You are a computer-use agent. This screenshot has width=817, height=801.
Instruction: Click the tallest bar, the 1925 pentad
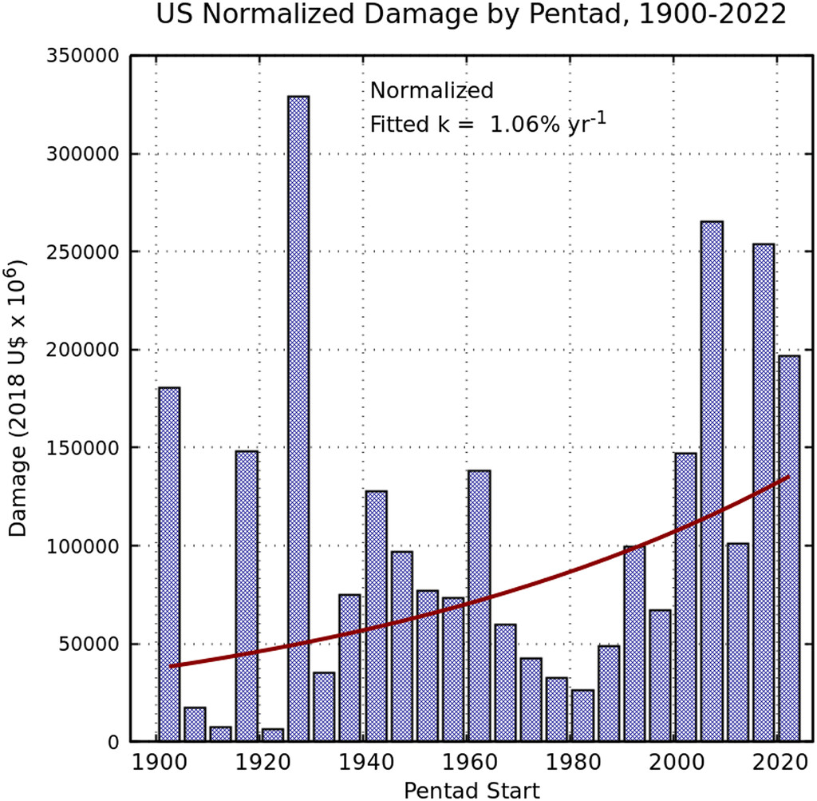point(298,418)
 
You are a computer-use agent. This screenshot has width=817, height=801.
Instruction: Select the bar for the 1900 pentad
point(169,564)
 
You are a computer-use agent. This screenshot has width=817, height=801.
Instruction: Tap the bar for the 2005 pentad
point(712,481)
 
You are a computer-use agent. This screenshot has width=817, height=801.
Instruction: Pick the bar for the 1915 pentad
point(247,596)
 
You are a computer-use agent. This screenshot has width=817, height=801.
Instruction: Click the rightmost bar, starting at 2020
point(789,548)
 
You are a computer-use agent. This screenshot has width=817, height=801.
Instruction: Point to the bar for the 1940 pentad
point(376,616)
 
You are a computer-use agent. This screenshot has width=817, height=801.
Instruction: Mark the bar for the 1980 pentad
point(582,716)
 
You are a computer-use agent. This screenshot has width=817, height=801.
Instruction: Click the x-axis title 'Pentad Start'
point(472,790)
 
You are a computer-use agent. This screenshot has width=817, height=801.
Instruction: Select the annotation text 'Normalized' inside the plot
point(432,91)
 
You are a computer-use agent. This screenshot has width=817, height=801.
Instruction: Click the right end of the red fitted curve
point(788,477)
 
